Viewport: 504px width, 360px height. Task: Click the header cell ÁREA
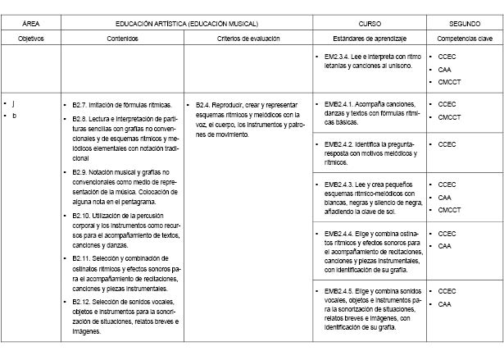click(30, 25)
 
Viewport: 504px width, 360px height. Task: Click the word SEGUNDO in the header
click(465, 25)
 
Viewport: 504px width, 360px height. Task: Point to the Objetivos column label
click(30, 39)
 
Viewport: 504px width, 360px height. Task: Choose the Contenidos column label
click(122, 39)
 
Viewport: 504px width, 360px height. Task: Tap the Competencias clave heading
click(465, 39)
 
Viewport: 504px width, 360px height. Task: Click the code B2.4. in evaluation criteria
click(206, 105)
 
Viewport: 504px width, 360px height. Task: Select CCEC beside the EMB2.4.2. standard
click(447, 144)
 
